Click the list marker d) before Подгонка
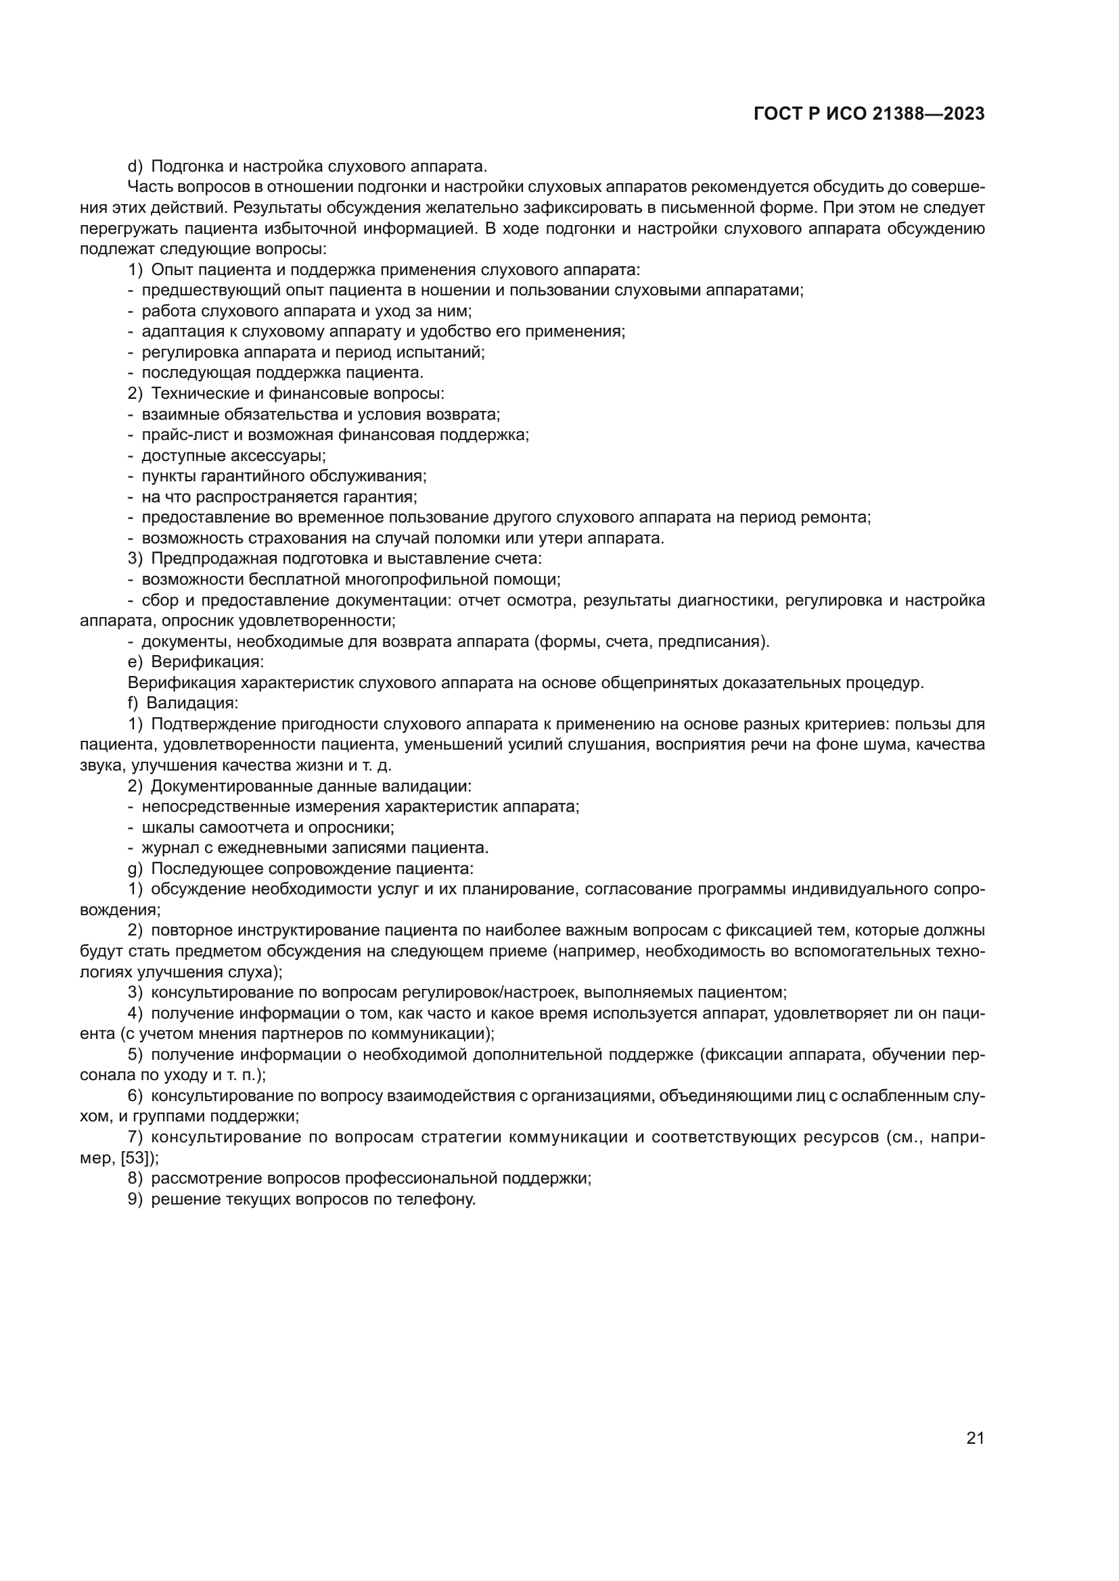135,166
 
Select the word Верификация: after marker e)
208,662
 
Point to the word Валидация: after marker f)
192,703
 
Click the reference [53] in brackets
135,1157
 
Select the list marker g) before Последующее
135,869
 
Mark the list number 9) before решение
135,1199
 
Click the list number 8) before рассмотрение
135,1178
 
